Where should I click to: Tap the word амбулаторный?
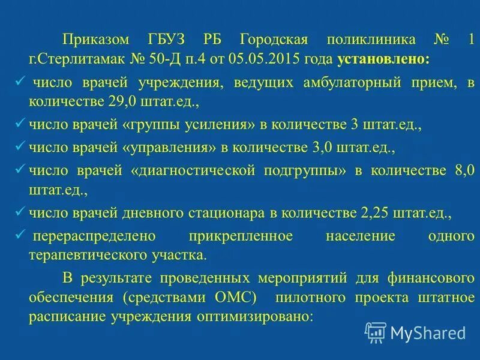pyautogui.click(x=357, y=83)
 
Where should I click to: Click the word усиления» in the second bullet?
pyautogui.click(x=222, y=125)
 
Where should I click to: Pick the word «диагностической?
pyautogui.click(x=196, y=171)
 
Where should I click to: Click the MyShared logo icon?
pyautogui.click(x=376, y=332)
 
